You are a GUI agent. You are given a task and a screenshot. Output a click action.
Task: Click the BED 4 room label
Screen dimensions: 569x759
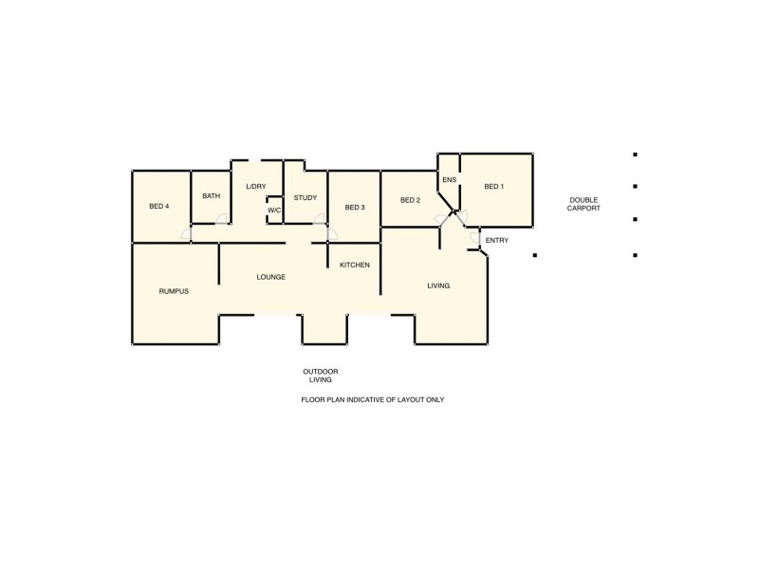(x=158, y=207)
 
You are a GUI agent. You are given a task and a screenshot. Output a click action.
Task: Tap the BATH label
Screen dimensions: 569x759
(x=211, y=196)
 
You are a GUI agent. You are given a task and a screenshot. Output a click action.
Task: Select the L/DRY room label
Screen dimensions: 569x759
(x=256, y=186)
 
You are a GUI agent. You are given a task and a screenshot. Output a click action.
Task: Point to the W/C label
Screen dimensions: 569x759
(x=274, y=211)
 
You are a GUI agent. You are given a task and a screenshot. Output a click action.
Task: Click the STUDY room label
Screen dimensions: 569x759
(x=305, y=197)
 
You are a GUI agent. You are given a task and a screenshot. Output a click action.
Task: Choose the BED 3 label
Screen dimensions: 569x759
(x=355, y=208)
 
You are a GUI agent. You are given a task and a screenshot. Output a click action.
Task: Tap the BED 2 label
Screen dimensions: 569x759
(x=410, y=200)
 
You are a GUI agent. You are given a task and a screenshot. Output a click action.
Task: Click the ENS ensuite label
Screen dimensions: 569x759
(x=450, y=180)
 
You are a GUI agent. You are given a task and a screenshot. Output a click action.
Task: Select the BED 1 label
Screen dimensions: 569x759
(x=494, y=187)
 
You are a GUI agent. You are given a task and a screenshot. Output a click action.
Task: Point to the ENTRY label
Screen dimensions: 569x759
(x=497, y=240)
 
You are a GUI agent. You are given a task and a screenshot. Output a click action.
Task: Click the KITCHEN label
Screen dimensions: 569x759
(x=355, y=265)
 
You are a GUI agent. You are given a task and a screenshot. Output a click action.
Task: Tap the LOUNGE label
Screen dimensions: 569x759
(x=271, y=277)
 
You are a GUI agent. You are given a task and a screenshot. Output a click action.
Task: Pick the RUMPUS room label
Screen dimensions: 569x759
(x=174, y=291)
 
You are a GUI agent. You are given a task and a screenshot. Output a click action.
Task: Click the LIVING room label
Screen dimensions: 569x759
(x=438, y=285)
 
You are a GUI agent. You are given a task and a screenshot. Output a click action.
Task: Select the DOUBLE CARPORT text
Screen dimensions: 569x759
(x=584, y=204)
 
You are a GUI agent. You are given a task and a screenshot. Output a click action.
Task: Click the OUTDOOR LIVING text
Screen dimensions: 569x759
(x=321, y=376)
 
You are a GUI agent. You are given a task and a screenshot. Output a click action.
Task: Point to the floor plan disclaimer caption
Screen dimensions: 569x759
(x=373, y=400)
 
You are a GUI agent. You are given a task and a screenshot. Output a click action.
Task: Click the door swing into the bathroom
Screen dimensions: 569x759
(x=222, y=219)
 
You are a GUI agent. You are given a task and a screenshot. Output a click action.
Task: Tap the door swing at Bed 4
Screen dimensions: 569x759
(x=187, y=234)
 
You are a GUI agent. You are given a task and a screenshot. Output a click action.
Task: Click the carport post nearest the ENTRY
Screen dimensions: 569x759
(x=535, y=255)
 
